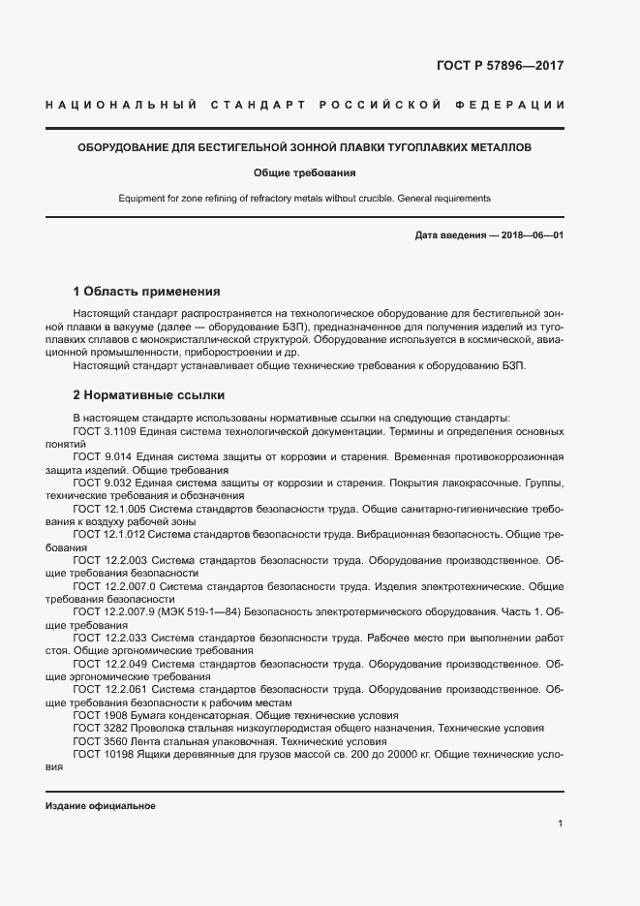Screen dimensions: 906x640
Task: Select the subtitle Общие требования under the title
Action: (x=304, y=173)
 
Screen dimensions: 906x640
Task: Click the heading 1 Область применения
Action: (x=147, y=291)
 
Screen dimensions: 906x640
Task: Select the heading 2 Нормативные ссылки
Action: (x=149, y=395)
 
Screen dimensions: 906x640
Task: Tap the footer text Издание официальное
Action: (x=101, y=806)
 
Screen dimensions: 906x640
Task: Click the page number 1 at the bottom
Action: (x=561, y=824)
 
